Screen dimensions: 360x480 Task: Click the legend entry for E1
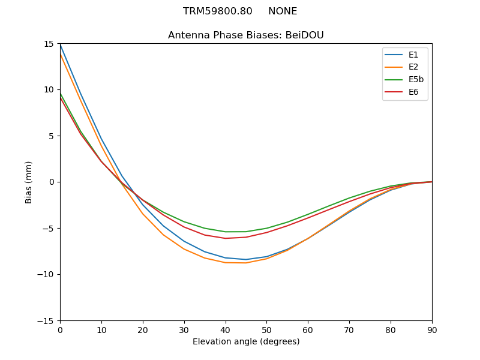coord(413,55)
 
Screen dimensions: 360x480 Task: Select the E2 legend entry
coord(413,67)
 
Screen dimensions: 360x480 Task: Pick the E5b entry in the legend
coord(416,80)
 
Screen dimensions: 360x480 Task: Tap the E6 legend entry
coord(413,92)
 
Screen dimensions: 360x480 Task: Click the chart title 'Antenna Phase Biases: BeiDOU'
coord(246,35)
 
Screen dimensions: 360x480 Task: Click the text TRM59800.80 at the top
coord(218,11)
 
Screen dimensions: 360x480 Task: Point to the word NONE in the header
coord(283,11)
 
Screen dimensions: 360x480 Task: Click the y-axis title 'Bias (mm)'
coord(29,182)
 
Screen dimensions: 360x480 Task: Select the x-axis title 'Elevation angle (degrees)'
coord(246,342)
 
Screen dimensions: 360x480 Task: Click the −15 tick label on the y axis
coord(47,321)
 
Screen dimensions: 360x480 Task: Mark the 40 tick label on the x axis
coord(226,329)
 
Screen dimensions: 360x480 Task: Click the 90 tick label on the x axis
coord(432,329)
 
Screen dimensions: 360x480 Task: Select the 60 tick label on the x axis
coord(308,329)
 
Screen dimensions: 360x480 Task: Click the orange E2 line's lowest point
coord(246,263)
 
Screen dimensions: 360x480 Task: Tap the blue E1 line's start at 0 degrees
coord(60,44)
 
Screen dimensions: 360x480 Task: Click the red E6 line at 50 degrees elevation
coord(267,232)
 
